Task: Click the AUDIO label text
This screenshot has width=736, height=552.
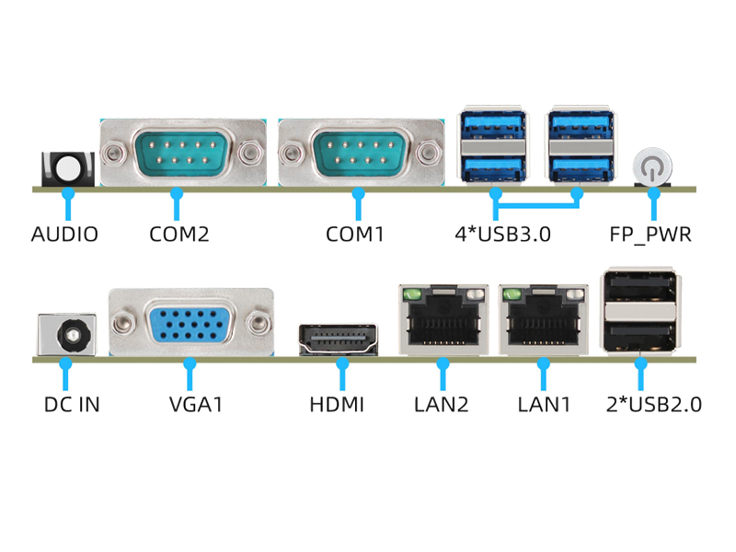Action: click(64, 234)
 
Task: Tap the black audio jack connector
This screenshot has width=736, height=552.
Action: click(68, 168)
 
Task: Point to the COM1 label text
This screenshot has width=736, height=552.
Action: click(354, 234)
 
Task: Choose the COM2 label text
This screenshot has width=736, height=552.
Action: click(179, 234)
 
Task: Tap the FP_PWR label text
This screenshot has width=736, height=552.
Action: click(650, 234)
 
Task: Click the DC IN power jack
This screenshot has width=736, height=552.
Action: click(67, 334)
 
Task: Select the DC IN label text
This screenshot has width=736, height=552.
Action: click(72, 404)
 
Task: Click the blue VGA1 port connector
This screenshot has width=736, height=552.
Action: click(190, 324)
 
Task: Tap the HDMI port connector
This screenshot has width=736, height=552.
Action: click(339, 340)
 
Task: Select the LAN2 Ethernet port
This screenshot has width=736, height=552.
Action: click(443, 320)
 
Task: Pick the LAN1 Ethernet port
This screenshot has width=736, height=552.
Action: click(544, 320)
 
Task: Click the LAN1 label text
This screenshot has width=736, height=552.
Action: click(545, 404)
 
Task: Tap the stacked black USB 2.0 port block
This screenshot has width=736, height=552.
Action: click(642, 311)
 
